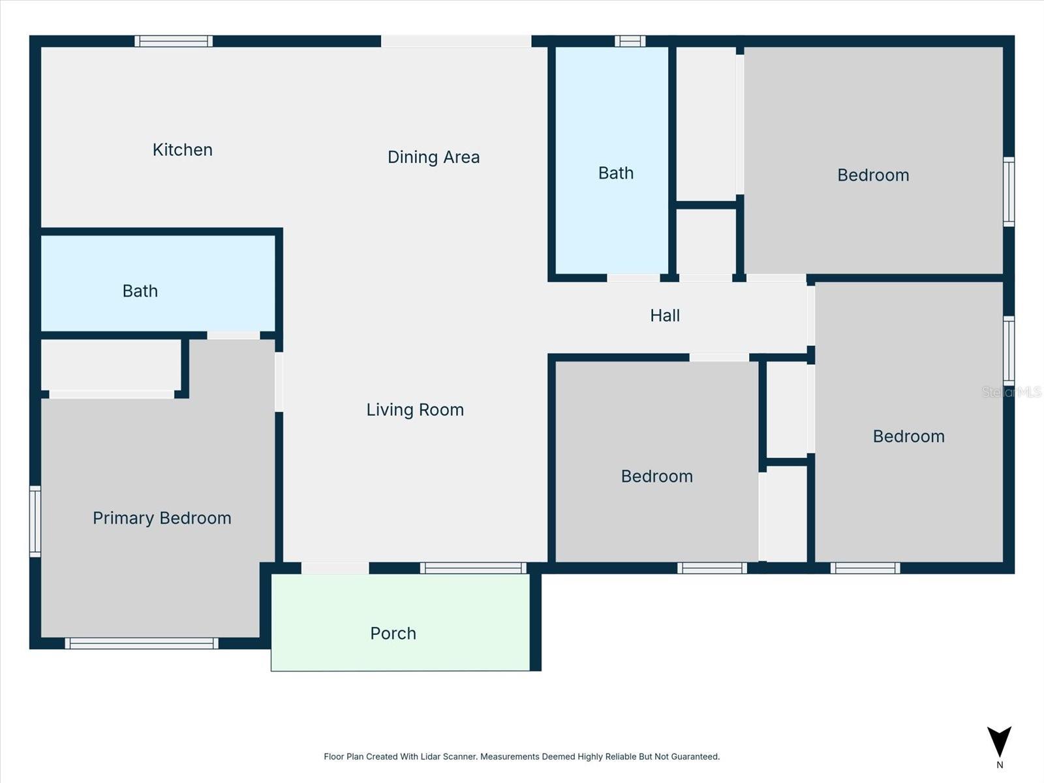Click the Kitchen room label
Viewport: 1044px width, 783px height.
click(182, 150)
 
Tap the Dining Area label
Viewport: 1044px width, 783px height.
click(433, 157)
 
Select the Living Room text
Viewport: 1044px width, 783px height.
click(415, 410)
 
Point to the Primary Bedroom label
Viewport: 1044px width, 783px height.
click(162, 518)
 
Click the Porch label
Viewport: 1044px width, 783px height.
click(393, 633)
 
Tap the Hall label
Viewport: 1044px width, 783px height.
click(664, 315)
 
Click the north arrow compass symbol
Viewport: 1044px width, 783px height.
click(999, 742)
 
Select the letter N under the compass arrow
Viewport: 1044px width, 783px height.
click(999, 765)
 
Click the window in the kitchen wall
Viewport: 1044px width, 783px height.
click(174, 41)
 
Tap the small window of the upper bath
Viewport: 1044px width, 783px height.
click(630, 41)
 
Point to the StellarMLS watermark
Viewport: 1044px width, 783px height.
click(1011, 392)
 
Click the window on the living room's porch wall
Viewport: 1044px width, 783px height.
click(473, 568)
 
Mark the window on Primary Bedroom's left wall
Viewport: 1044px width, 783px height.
click(35, 521)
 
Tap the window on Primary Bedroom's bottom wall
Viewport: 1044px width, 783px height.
click(142, 643)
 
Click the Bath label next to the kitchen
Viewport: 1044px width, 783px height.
click(140, 291)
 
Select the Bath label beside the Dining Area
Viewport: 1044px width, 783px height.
click(616, 173)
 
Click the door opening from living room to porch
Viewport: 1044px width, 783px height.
click(335, 568)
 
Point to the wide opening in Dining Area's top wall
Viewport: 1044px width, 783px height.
click(455, 41)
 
